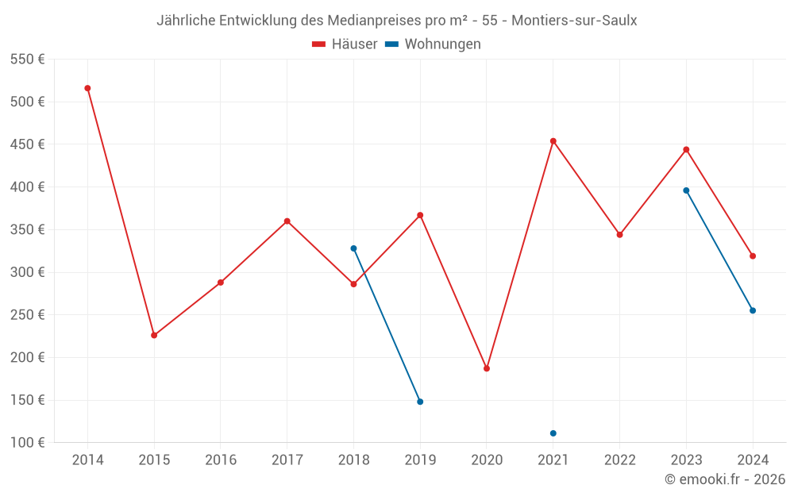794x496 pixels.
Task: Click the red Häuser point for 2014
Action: [87, 88]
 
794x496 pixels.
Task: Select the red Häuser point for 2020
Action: [487, 368]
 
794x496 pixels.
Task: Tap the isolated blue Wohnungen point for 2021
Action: [553, 433]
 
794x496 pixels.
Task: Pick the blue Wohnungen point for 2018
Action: [353, 248]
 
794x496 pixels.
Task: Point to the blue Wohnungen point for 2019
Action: [420, 402]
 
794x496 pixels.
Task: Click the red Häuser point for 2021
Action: [553, 141]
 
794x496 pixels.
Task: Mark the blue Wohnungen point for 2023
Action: [686, 190]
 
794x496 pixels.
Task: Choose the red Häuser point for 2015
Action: [154, 335]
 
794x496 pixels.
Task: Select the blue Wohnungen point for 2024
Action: [753, 310]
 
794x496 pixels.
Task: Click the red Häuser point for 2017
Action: [287, 221]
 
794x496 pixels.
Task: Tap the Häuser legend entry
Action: [345, 44]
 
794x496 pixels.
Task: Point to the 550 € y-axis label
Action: [27, 60]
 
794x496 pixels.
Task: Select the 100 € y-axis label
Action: [27, 442]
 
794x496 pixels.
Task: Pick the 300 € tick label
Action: [27, 272]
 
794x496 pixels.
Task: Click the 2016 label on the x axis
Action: [221, 459]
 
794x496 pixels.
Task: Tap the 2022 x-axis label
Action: [619, 459]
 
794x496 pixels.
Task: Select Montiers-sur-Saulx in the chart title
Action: [574, 20]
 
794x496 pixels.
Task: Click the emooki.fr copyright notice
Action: [725, 479]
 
